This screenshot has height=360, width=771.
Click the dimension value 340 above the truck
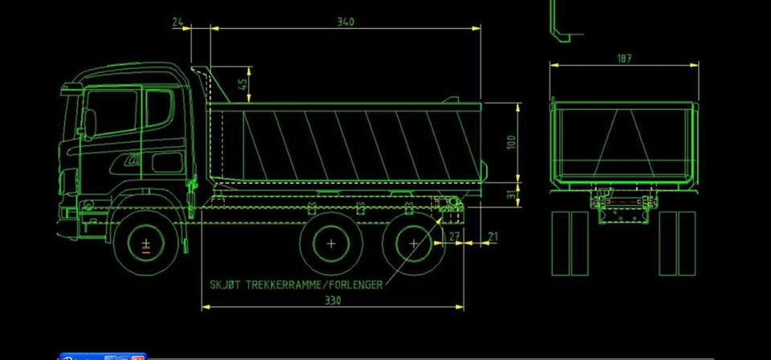point(345,22)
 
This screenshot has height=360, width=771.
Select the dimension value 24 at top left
point(178,22)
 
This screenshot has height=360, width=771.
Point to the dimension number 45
point(243,84)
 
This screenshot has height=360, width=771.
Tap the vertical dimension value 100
point(512,142)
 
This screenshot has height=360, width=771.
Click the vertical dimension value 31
point(513,194)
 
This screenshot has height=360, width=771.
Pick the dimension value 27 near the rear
point(455,236)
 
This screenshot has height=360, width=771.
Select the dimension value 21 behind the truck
point(492,236)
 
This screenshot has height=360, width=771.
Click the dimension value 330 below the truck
point(332,301)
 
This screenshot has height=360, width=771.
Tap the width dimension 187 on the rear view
point(624,59)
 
